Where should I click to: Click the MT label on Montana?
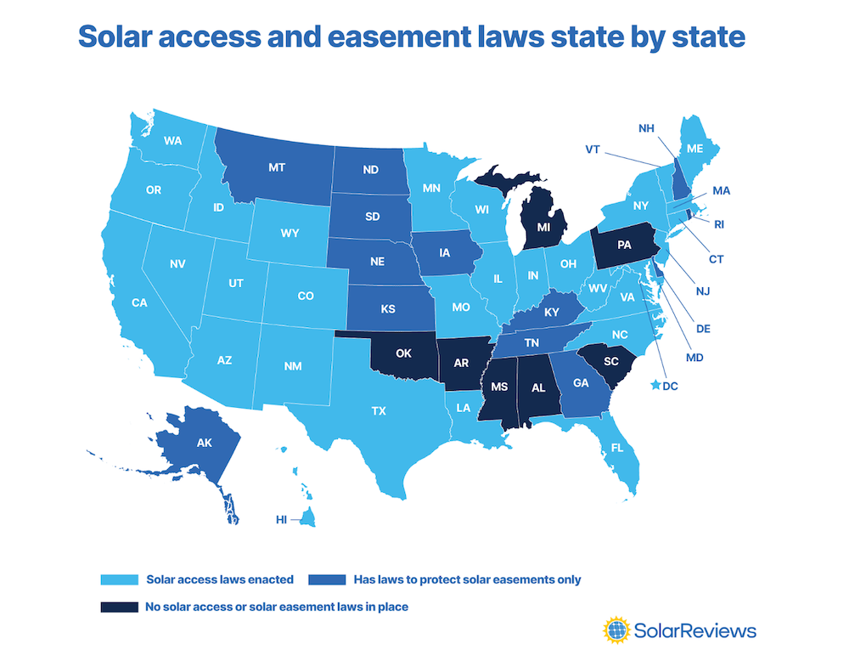point(276,168)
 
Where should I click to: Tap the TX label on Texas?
point(379,410)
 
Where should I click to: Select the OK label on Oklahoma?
point(404,353)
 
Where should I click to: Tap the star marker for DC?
point(655,386)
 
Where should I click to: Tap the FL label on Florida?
point(618,446)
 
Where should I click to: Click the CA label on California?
point(140,302)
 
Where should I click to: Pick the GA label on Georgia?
point(581,383)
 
